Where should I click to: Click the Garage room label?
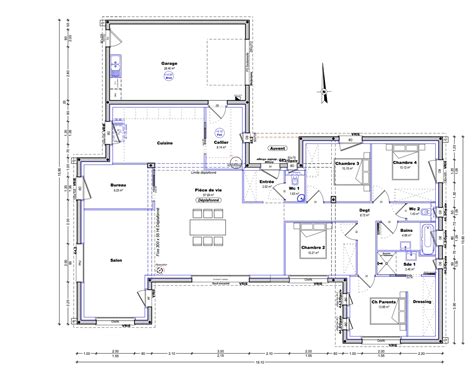(171, 62)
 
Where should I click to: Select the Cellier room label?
(222, 143)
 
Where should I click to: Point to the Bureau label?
(118, 186)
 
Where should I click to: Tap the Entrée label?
(268, 181)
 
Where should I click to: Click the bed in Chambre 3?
(346, 180)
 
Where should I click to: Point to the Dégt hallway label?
(365, 210)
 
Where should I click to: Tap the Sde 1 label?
(409, 263)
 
